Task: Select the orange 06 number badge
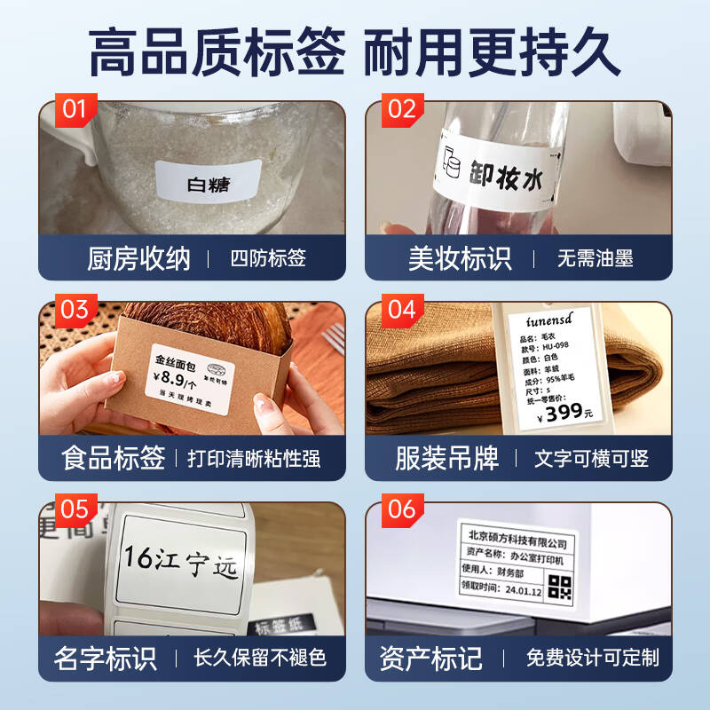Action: (401, 509)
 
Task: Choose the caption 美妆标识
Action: (460, 258)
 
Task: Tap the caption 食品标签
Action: (114, 458)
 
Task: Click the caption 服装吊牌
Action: (446, 458)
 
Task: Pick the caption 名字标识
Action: (105, 658)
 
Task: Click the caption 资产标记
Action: (430, 658)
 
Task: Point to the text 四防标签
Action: (268, 258)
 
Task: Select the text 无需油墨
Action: (595, 258)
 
